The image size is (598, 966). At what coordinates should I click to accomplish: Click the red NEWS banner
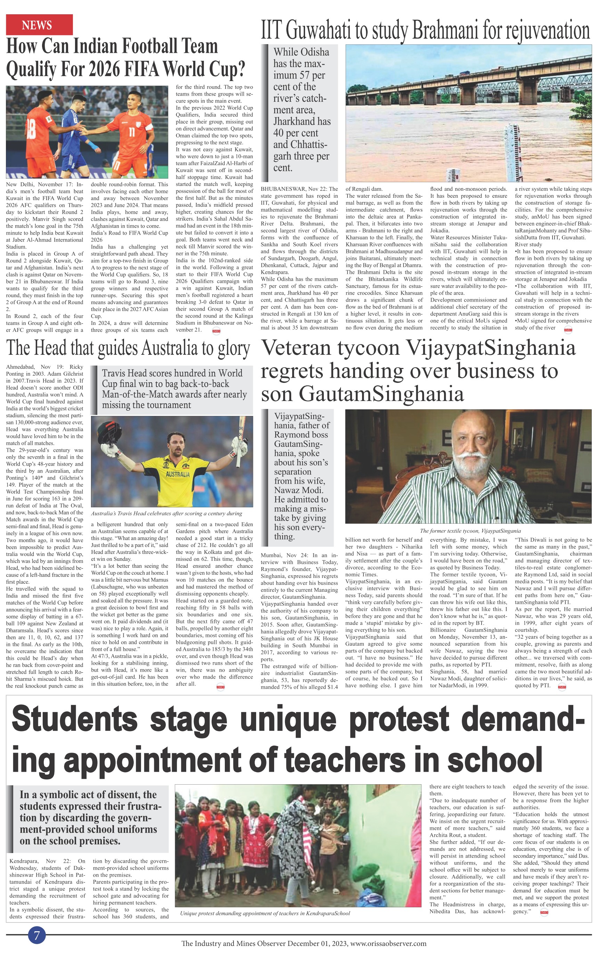[39, 25]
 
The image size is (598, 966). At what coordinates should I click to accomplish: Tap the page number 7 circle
[37, 935]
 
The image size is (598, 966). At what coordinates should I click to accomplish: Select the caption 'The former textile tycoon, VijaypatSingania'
[470, 531]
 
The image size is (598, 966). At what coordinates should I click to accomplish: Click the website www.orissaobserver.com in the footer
[388, 943]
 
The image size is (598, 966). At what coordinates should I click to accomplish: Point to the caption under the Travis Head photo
[166, 514]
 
